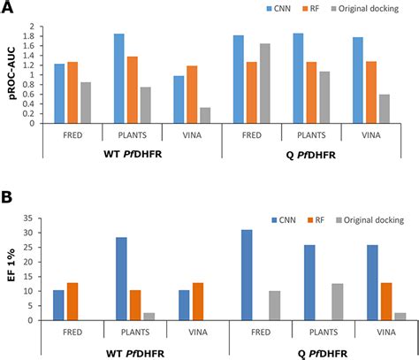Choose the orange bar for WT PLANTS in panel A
click(133, 89)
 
